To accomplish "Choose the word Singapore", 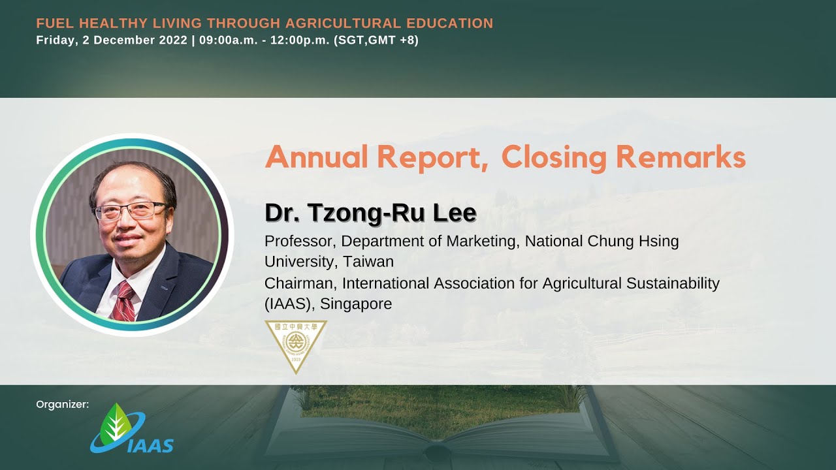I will pyautogui.click(x=356, y=304).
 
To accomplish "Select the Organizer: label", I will pyautogui.click(x=63, y=405).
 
